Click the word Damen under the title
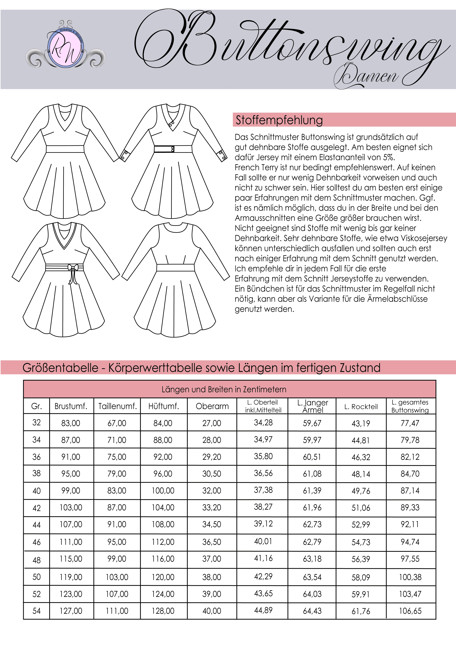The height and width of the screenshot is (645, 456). click(367, 76)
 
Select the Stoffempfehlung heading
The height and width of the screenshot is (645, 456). click(279, 120)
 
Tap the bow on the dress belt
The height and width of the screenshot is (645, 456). click(73, 268)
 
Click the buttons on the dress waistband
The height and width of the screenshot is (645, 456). click(172, 149)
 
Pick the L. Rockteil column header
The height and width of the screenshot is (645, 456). click(361, 407)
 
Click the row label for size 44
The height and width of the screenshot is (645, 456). click(37, 525)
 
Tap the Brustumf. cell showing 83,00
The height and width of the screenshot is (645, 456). click(71, 423)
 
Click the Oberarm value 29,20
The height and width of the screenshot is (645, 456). click(212, 457)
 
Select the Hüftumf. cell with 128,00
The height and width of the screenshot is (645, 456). click(163, 611)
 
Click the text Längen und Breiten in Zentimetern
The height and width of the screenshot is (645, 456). click(224, 389)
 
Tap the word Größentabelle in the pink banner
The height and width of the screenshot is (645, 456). click(60, 368)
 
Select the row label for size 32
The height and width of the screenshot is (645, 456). click(37, 423)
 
